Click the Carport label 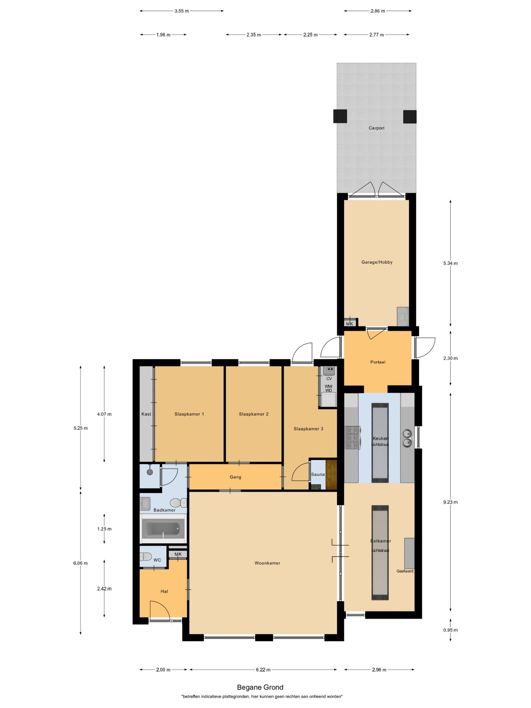[376, 128]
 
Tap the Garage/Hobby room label [377, 262]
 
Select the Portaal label [378, 362]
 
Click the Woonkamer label [267, 563]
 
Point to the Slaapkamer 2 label [254, 414]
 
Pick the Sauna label [318, 475]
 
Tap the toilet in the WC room [146, 556]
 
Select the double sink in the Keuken [407, 438]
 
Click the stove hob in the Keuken [352, 438]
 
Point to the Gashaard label [405, 571]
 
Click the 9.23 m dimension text [450, 502]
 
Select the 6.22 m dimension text [263, 670]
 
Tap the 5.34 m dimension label [450, 263]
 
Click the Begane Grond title [260, 687]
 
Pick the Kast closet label [146, 414]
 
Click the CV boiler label [329, 379]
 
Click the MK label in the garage [350, 324]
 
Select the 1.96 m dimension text [163, 35]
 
